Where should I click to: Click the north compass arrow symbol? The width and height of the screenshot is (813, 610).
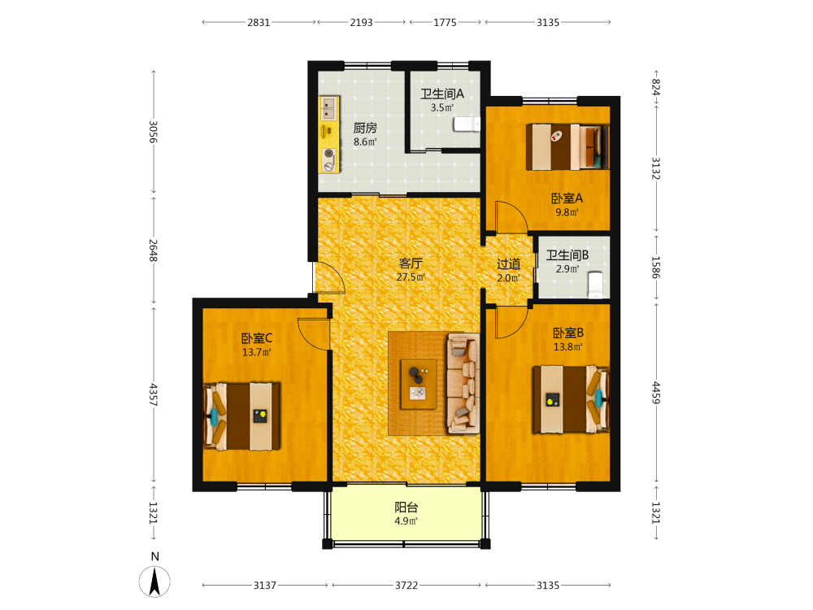click(x=154, y=582)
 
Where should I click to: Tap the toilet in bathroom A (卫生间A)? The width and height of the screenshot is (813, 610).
click(x=467, y=124)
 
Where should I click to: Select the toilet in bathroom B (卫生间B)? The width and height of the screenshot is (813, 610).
click(x=596, y=285)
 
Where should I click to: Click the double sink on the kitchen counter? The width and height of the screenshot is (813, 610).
click(x=328, y=108)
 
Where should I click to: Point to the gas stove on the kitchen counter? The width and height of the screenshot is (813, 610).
click(x=328, y=159)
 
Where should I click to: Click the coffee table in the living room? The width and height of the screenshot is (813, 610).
click(x=419, y=384)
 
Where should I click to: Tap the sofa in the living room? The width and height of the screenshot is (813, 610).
click(x=463, y=383)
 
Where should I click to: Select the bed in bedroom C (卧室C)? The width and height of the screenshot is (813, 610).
click(x=242, y=416)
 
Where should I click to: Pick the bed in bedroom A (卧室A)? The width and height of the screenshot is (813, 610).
click(x=567, y=146)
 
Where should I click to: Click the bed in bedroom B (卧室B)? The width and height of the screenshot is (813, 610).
click(x=571, y=399)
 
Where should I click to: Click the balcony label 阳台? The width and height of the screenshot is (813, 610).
click(x=406, y=508)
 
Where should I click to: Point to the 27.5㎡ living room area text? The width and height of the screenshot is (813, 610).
click(x=411, y=277)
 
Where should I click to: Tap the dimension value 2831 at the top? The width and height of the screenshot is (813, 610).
click(x=259, y=22)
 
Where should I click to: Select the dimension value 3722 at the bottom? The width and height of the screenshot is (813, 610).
click(x=406, y=585)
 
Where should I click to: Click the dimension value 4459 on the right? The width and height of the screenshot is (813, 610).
click(x=656, y=392)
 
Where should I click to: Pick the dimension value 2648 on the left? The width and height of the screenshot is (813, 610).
click(x=153, y=250)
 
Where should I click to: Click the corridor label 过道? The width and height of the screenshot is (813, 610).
click(x=509, y=264)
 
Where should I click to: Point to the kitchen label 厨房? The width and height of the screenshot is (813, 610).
click(x=365, y=129)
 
